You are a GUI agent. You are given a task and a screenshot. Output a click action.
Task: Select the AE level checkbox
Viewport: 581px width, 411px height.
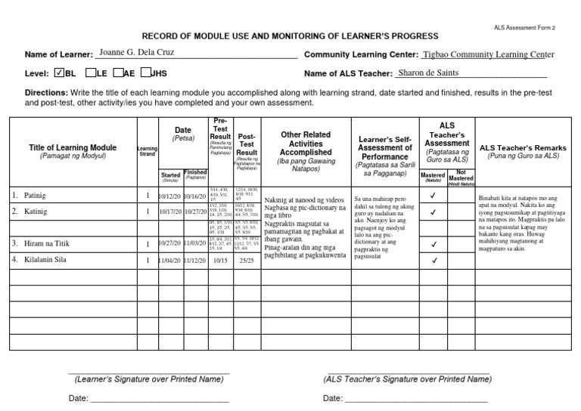pos(119,73)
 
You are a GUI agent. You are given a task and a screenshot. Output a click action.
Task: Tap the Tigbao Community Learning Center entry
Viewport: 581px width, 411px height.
pos(489,54)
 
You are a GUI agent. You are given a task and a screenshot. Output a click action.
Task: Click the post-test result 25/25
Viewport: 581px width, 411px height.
pos(247,261)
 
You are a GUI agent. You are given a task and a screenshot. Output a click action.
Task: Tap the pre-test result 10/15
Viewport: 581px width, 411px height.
pos(220,261)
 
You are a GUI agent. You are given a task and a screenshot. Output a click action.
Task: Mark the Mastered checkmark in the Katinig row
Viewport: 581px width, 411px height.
pos(433,212)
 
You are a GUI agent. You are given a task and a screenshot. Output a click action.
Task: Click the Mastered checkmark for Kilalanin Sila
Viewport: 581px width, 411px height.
pos(433,261)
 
